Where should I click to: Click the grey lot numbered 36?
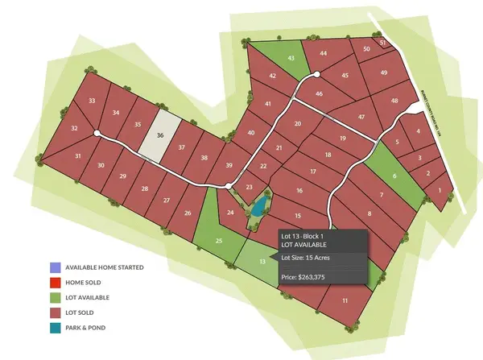[160, 137]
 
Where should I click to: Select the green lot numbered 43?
[291, 58]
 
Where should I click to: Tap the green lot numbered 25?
[218, 240]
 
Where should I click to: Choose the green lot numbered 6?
[394, 176]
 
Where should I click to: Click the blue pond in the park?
[257, 210]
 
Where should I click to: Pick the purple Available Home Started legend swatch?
[53, 267]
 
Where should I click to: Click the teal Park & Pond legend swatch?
[53, 328]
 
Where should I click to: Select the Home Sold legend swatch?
[53, 283]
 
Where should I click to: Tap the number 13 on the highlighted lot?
[262, 261]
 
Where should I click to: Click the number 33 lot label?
[93, 101]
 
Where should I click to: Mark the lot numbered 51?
[383, 42]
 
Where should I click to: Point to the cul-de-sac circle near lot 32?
[96, 133]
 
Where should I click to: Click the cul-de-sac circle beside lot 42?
[316, 74]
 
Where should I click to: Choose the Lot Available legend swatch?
[53, 298]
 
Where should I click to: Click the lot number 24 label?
[230, 213]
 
